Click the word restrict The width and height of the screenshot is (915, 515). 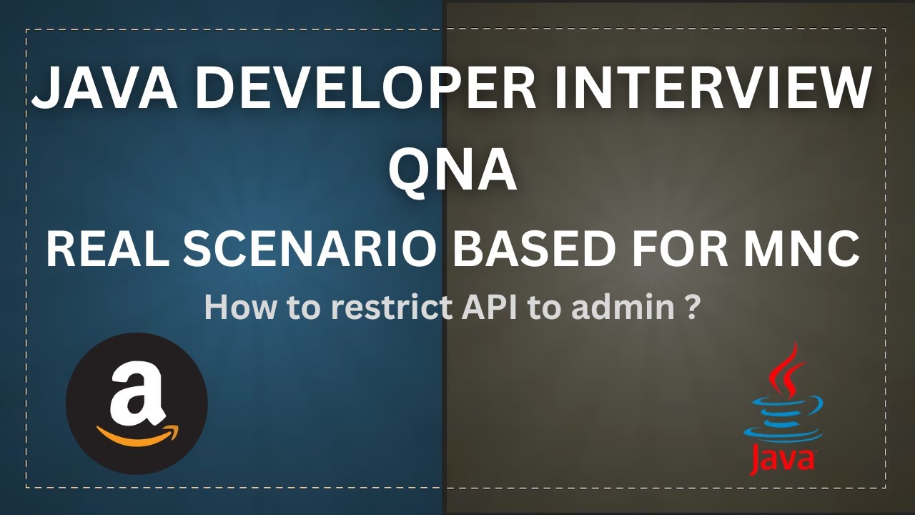pos(365,308)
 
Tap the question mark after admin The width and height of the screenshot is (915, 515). pos(691,308)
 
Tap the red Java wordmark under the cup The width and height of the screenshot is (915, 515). pos(783,458)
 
